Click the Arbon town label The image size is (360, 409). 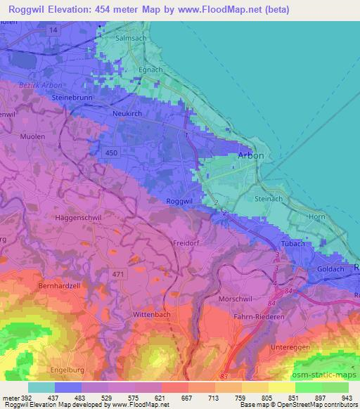251,155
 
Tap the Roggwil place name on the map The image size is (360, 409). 179,201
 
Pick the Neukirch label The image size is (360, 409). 127,112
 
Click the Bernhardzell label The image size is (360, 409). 61,288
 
